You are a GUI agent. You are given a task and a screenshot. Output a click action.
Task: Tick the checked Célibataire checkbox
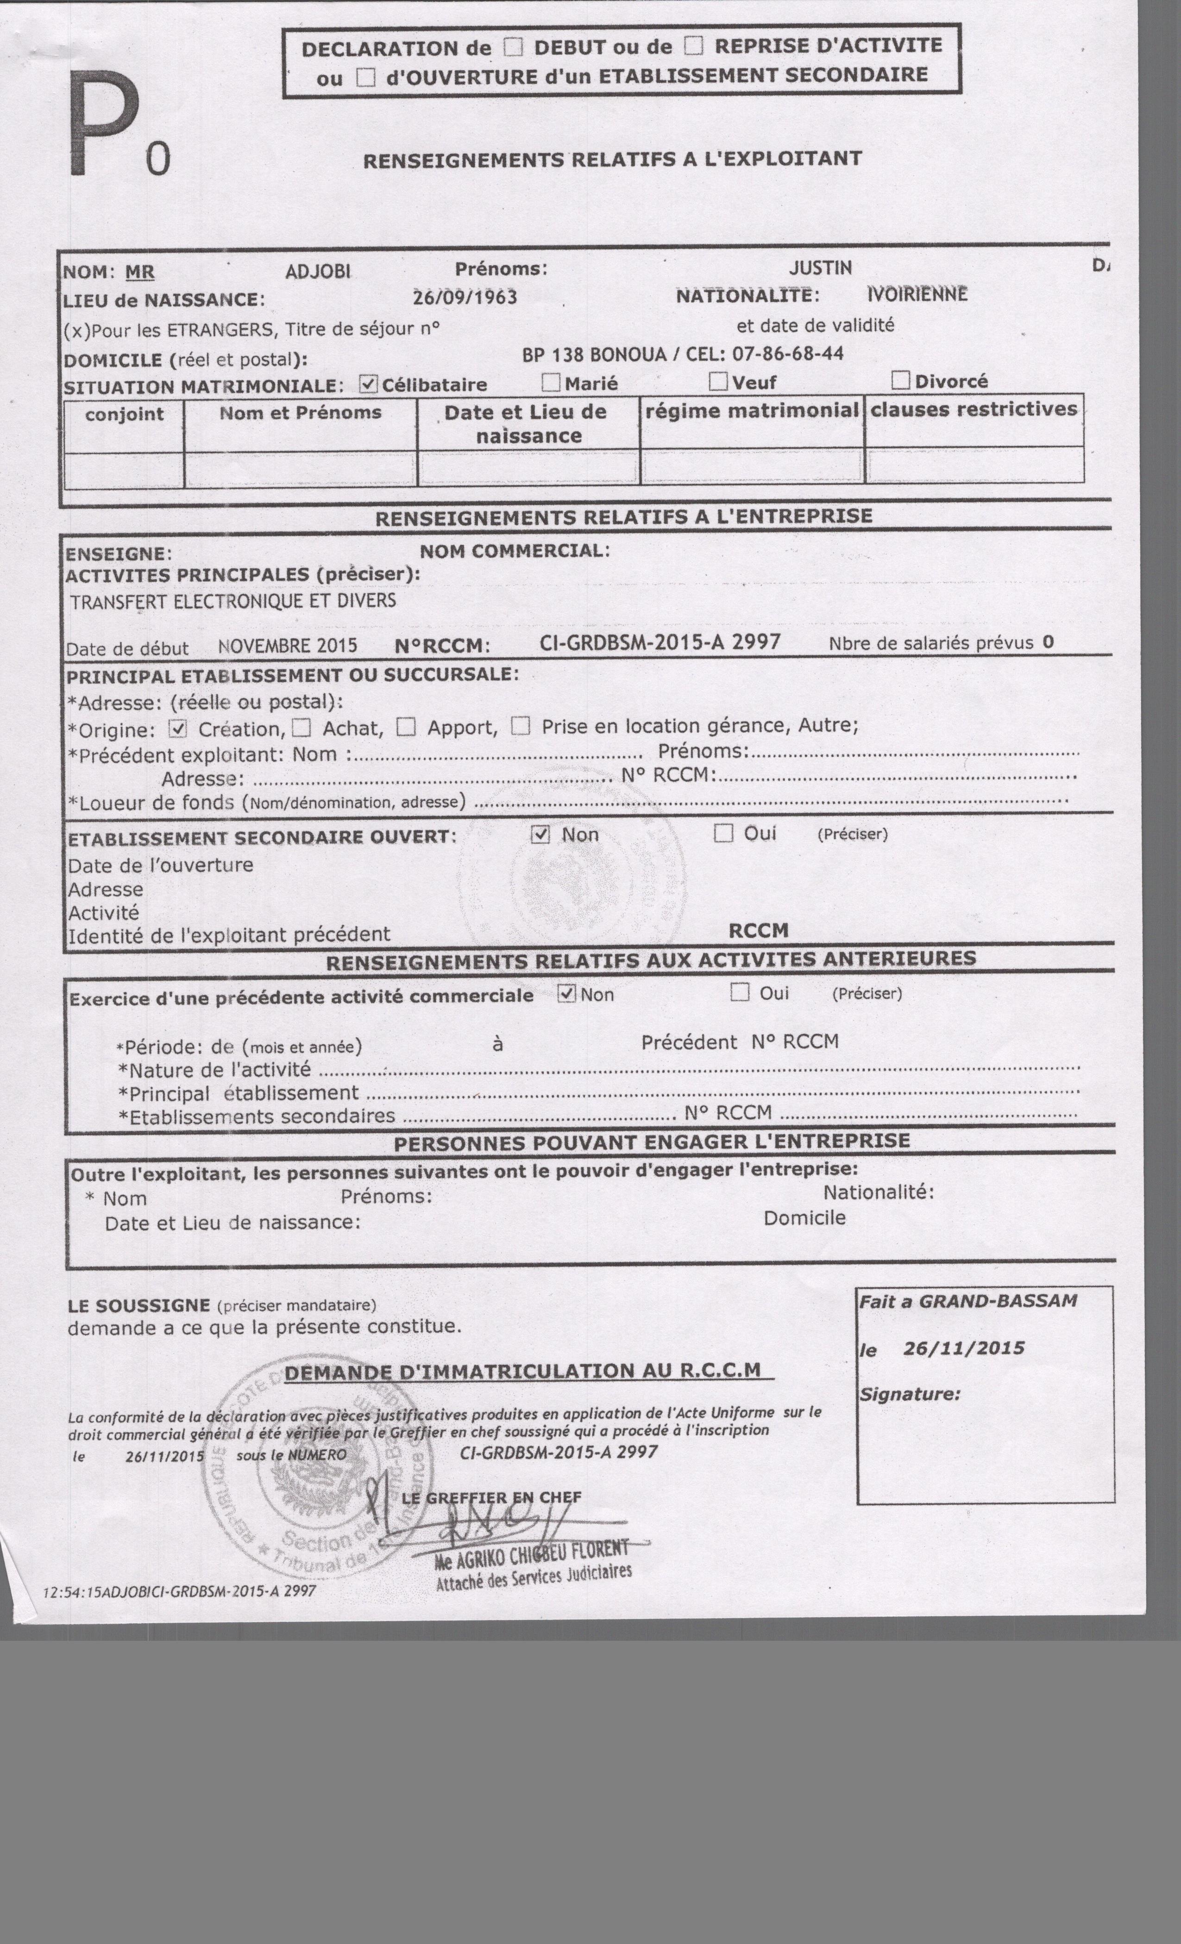pyautogui.click(x=368, y=384)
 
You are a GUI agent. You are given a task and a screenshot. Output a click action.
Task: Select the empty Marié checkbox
pyautogui.click(x=551, y=383)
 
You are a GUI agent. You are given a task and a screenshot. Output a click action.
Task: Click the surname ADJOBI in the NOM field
pyautogui.click(x=318, y=271)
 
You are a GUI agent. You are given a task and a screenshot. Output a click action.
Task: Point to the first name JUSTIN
pyautogui.click(x=820, y=268)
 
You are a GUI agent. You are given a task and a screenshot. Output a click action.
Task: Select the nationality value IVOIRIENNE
pyautogui.click(x=917, y=294)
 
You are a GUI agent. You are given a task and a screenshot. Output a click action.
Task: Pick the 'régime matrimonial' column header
pyautogui.click(x=752, y=410)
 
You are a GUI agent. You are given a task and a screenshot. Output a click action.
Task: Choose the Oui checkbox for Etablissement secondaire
pyautogui.click(x=723, y=833)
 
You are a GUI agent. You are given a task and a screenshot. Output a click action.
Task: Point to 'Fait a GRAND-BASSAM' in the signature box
pyautogui.click(x=968, y=1301)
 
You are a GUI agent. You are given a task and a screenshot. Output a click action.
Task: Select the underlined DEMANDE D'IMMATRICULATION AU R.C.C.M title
pyautogui.click(x=522, y=1371)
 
